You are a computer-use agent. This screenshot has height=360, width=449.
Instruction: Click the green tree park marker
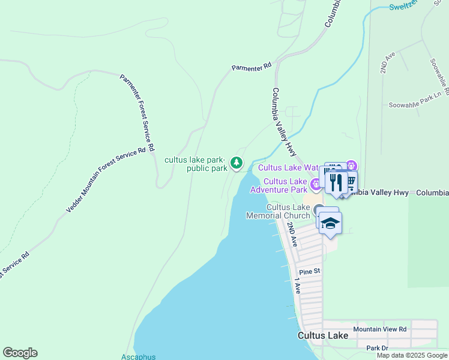[x=237, y=162]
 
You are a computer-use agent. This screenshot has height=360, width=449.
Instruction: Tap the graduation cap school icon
[x=330, y=223]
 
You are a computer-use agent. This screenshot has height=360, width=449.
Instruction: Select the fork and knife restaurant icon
[x=336, y=181]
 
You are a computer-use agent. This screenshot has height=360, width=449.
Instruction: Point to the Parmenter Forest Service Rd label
[x=137, y=112]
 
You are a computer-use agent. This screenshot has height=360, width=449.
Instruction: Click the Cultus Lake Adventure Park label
[x=286, y=185]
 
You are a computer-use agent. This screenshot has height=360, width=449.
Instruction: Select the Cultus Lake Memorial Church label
[x=288, y=211]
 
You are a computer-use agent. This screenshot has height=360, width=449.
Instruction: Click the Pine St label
[x=310, y=272]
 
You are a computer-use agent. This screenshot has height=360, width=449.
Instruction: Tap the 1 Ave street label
[x=297, y=287]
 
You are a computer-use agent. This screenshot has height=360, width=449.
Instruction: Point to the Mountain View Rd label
[x=380, y=329]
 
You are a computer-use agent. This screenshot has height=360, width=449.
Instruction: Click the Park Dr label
[x=378, y=348]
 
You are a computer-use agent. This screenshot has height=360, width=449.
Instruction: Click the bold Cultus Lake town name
[x=322, y=335]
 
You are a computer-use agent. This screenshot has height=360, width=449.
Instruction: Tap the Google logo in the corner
[x=20, y=353]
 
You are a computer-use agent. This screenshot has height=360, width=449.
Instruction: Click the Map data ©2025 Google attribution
[x=412, y=355]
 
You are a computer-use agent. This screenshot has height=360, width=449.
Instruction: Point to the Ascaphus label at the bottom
[x=138, y=356]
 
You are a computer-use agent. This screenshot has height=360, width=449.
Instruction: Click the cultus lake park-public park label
[x=196, y=164]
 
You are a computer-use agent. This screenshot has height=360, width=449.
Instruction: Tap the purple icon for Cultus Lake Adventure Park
[x=315, y=183]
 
